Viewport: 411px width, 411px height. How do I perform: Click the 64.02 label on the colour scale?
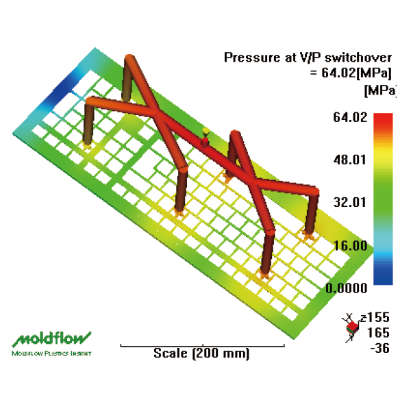(x=350, y=117)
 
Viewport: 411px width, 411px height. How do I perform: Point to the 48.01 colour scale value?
(x=350, y=160)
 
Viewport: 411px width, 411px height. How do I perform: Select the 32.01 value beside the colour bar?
(x=350, y=202)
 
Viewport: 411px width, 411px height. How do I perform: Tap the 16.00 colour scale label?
(x=350, y=246)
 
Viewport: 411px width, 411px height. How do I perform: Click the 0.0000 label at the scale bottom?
(x=346, y=288)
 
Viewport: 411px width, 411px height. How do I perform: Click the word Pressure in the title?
(x=252, y=58)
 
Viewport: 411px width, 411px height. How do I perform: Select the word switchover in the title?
(x=358, y=58)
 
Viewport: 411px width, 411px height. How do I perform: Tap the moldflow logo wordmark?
(x=51, y=339)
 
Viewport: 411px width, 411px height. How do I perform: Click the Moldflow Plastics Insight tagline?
(x=51, y=353)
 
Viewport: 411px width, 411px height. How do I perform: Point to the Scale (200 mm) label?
(x=201, y=353)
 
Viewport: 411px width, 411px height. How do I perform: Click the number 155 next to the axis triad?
(x=379, y=317)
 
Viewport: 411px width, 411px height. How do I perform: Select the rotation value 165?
(x=379, y=333)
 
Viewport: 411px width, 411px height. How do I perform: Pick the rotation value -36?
(x=379, y=349)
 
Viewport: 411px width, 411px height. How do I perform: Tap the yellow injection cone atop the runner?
(x=206, y=131)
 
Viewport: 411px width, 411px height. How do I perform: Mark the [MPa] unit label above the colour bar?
(x=379, y=90)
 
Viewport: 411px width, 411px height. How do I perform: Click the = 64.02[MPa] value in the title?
(x=351, y=73)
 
